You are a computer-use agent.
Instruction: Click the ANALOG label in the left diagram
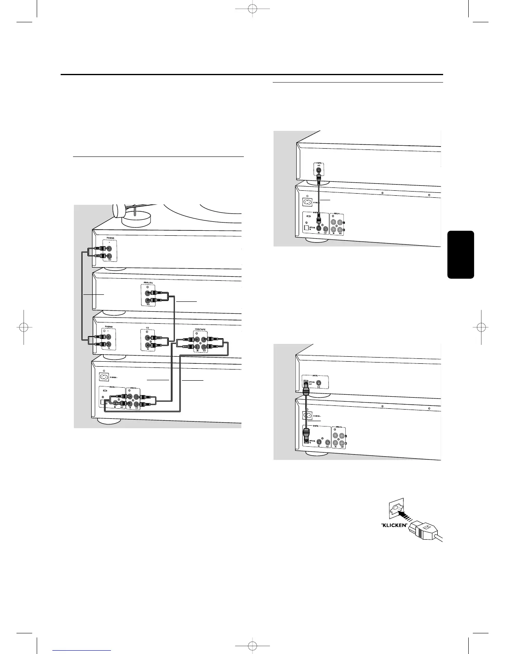point(148,283)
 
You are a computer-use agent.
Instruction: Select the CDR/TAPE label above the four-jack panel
point(201,330)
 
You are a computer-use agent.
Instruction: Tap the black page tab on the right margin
point(460,255)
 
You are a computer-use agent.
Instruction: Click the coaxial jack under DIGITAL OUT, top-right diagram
point(318,170)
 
